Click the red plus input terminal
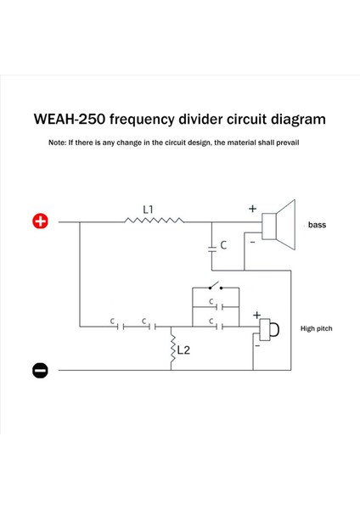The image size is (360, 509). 40,222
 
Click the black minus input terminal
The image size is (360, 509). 40,370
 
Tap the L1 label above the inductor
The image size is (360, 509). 149,209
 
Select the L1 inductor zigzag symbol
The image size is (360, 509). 153,222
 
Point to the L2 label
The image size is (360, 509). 184,350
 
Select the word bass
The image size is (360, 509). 317,226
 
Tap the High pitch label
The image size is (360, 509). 316,327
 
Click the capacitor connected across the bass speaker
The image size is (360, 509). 211,246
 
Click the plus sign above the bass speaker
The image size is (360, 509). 252,208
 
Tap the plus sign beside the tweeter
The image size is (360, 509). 256,314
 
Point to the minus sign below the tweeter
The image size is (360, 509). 257,345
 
